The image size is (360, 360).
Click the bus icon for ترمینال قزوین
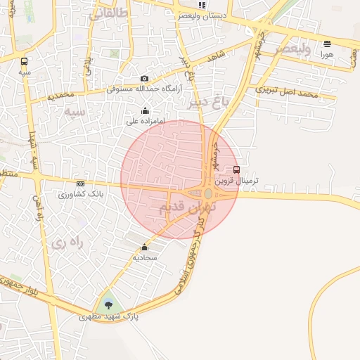coord(236,169)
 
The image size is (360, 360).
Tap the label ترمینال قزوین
coord(237,180)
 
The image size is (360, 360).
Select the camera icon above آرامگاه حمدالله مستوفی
coord(144,78)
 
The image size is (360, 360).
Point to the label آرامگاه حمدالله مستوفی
coord(144,89)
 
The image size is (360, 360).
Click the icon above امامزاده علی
coord(146,110)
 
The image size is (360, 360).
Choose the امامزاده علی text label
coord(146,121)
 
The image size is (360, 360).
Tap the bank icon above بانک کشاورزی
coord(80,184)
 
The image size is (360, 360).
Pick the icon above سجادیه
coord(145,247)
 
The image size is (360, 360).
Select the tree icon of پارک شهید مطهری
coord(108,304)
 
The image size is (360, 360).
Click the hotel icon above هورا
coord(327,44)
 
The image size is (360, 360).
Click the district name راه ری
coord(67,243)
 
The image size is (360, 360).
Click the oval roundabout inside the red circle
coord(208,193)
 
